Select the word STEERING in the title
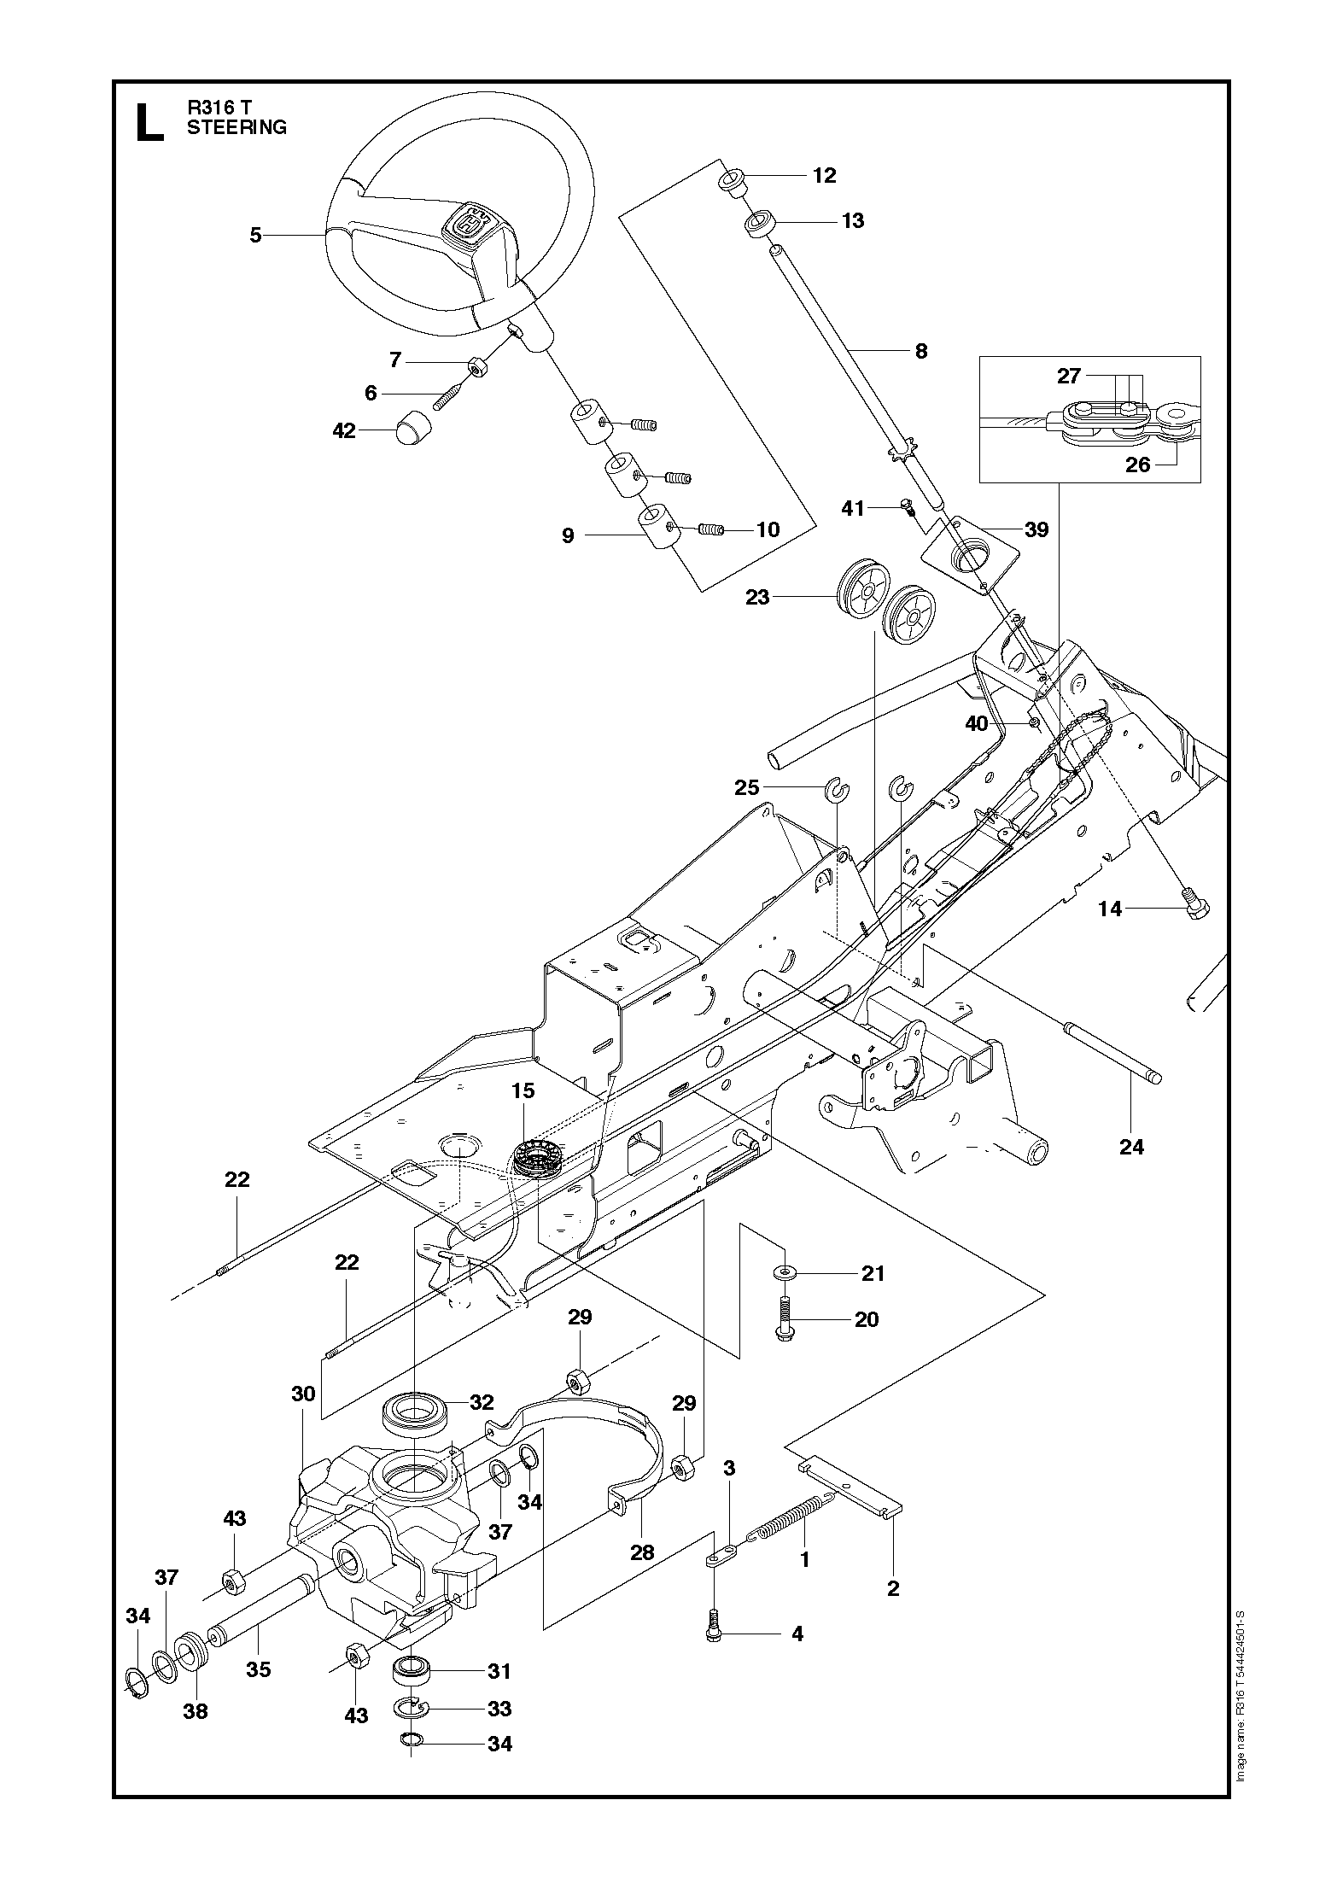coord(236,128)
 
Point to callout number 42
coord(344,431)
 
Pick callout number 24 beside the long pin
coord(1131,1147)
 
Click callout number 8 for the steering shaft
coord(920,351)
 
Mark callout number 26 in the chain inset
coord(1138,465)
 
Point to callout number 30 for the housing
coord(303,1394)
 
